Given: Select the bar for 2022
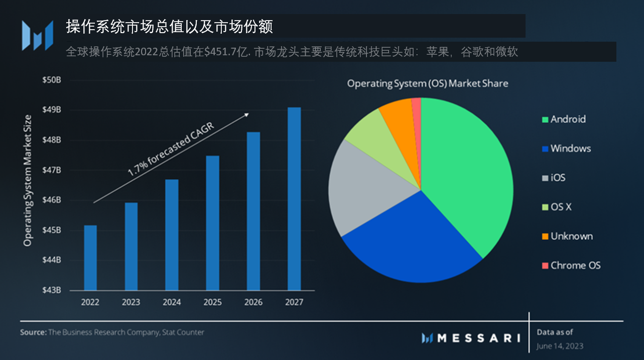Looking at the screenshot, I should pyautogui.click(x=90, y=258).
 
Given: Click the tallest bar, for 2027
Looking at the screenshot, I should pyautogui.click(x=294, y=199).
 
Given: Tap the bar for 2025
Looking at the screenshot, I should pyautogui.click(x=212, y=223).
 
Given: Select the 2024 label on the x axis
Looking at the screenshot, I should pyautogui.click(x=172, y=303).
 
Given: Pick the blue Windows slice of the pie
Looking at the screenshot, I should pyautogui.click(x=412, y=236).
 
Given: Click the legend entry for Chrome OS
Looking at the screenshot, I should pyautogui.click(x=575, y=266).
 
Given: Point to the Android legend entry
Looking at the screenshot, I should pyautogui.click(x=568, y=119).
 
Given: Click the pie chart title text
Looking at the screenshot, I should pyautogui.click(x=428, y=83).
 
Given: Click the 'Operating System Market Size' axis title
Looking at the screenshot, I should pyautogui.click(x=28, y=181).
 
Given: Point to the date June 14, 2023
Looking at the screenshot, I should pyautogui.click(x=560, y=346).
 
